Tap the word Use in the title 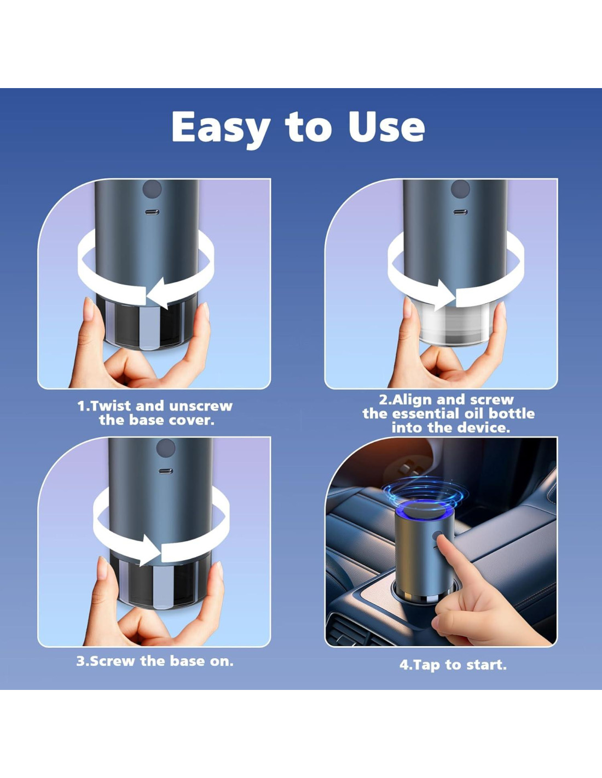(387, 127)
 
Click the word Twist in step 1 (108, 406)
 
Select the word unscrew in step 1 (200, 407)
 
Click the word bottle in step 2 (512, 414)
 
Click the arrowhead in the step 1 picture (158, 293)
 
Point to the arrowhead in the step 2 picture (444, 295)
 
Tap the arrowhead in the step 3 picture (150, 550)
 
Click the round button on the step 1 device (152, 189)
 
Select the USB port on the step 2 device (460, 212)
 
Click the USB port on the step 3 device (165, 471)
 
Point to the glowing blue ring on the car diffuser (425, 512)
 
